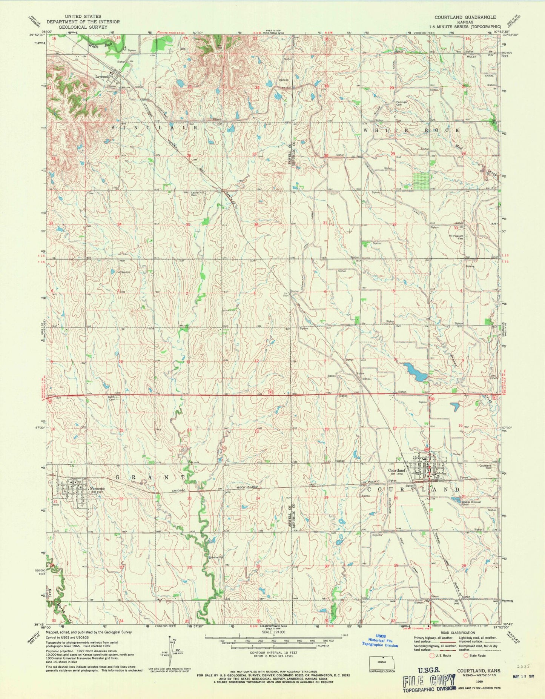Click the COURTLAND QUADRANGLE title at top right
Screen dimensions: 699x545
click(465, 17)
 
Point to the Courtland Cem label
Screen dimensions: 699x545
click(487, 467)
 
